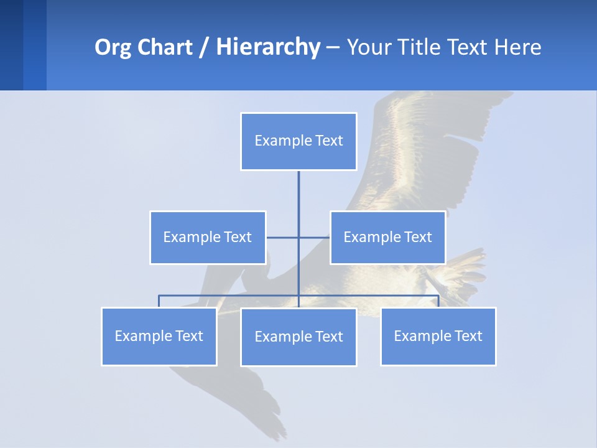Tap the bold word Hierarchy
click(268, 47)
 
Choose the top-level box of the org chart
click(298, 141)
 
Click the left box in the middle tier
click(208, 237)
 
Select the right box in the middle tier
click(387, 237)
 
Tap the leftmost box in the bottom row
click(159, 336)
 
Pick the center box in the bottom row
click(298, 337)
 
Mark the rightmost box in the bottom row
click(438, 336)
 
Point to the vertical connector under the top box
click(298, 199)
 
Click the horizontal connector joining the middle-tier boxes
click(283, 237)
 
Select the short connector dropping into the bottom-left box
click(159, 301)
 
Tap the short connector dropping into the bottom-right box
click(438, 301)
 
